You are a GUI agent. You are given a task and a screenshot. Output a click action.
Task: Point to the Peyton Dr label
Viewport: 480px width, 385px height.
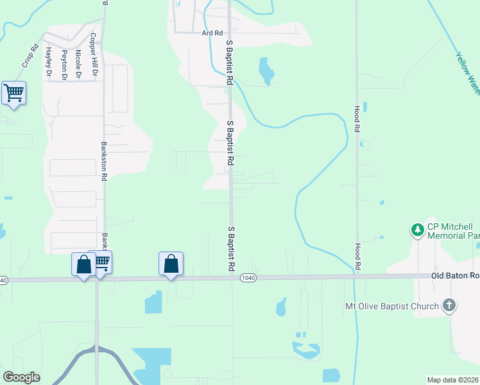click(64, 65)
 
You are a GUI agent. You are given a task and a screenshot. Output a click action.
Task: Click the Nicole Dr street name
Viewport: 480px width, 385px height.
click(78, 64)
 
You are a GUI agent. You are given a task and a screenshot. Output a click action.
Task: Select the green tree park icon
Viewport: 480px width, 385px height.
click(418, 229)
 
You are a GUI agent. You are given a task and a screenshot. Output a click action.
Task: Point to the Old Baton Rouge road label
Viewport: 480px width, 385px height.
click(455, 276)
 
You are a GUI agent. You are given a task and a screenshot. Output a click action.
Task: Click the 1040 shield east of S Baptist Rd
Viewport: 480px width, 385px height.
click(248, 277)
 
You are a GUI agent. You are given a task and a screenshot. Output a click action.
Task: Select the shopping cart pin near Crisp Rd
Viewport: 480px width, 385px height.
click(13, 93)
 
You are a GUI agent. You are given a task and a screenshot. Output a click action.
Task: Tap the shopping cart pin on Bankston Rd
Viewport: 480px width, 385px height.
click(101, 262)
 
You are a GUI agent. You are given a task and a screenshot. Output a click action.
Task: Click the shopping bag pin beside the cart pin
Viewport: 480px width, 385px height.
click(83, 264)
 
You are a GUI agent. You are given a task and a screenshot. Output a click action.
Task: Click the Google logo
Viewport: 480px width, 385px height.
click(22, 377)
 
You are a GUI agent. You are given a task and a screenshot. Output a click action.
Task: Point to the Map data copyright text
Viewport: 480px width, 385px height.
click(452, 380)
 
